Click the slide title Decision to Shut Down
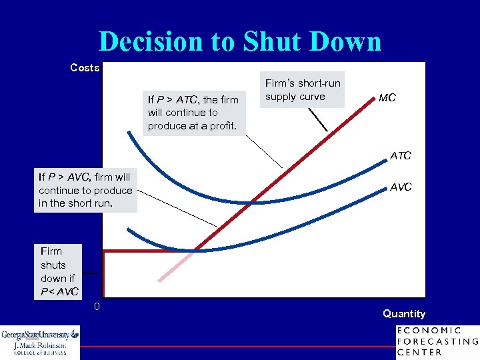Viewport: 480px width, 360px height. [240, 41]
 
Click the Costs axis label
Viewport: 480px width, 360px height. [85, 67]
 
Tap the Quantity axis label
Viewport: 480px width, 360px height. [403, 313]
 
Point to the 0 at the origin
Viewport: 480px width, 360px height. [97, 306]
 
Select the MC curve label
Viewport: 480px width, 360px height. [387, 97]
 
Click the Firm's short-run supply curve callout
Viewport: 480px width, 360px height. [303, 90]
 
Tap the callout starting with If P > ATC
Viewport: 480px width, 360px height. [193, 113]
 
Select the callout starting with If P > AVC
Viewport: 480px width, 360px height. [86, 190]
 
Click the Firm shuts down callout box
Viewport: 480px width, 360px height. [58, 271]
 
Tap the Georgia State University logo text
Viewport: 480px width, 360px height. [39, 335]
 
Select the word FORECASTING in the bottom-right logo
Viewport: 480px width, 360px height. [437, 341]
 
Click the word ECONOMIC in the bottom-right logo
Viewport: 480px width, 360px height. [428, 330]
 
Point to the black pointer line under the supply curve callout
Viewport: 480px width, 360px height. [317, 119]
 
